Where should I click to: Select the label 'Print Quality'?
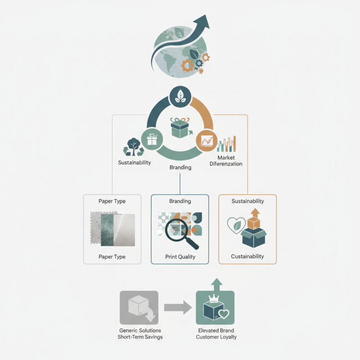click(180, 257)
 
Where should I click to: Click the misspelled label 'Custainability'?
click(247, 256)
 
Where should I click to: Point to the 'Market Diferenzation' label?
click(226, 161)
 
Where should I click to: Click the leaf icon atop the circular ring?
click(180, 96)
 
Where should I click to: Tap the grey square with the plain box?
click(139, 308)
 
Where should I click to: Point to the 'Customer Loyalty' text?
click(216, 337)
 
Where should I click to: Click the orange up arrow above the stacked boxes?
click(255, 212)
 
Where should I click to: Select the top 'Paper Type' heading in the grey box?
click(112, 201)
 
